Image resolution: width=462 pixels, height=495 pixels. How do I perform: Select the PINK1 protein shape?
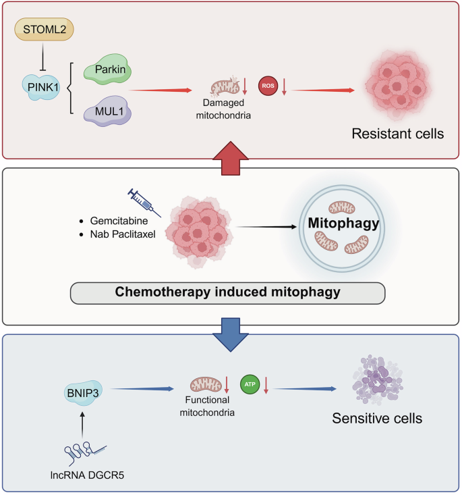pos(42,86)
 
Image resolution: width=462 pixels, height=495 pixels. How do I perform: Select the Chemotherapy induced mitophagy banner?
pos(227,292)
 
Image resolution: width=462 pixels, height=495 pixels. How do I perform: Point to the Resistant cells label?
pos(397,133)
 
